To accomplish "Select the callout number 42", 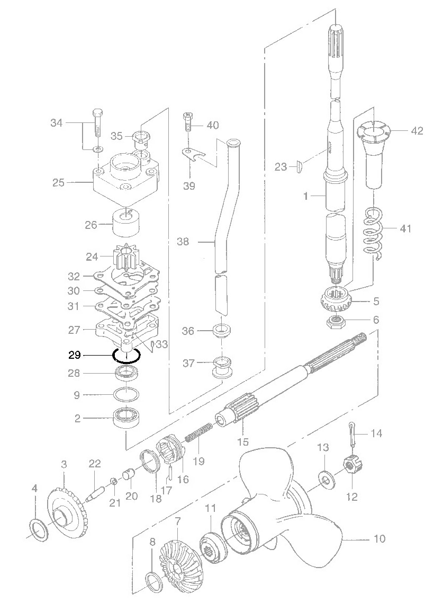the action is pos(417,130).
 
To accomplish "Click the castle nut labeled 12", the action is pos(351,468).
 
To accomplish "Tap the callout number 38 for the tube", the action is pos(183,242).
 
